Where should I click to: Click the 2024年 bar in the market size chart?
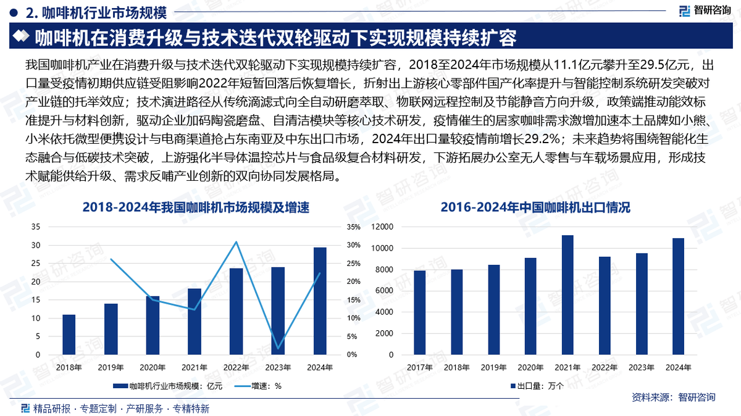tap(320, 301)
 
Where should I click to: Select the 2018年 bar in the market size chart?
tap(69, 335)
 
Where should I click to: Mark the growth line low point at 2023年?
tap(278, 349)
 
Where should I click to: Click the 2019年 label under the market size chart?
tap(111, 368)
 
